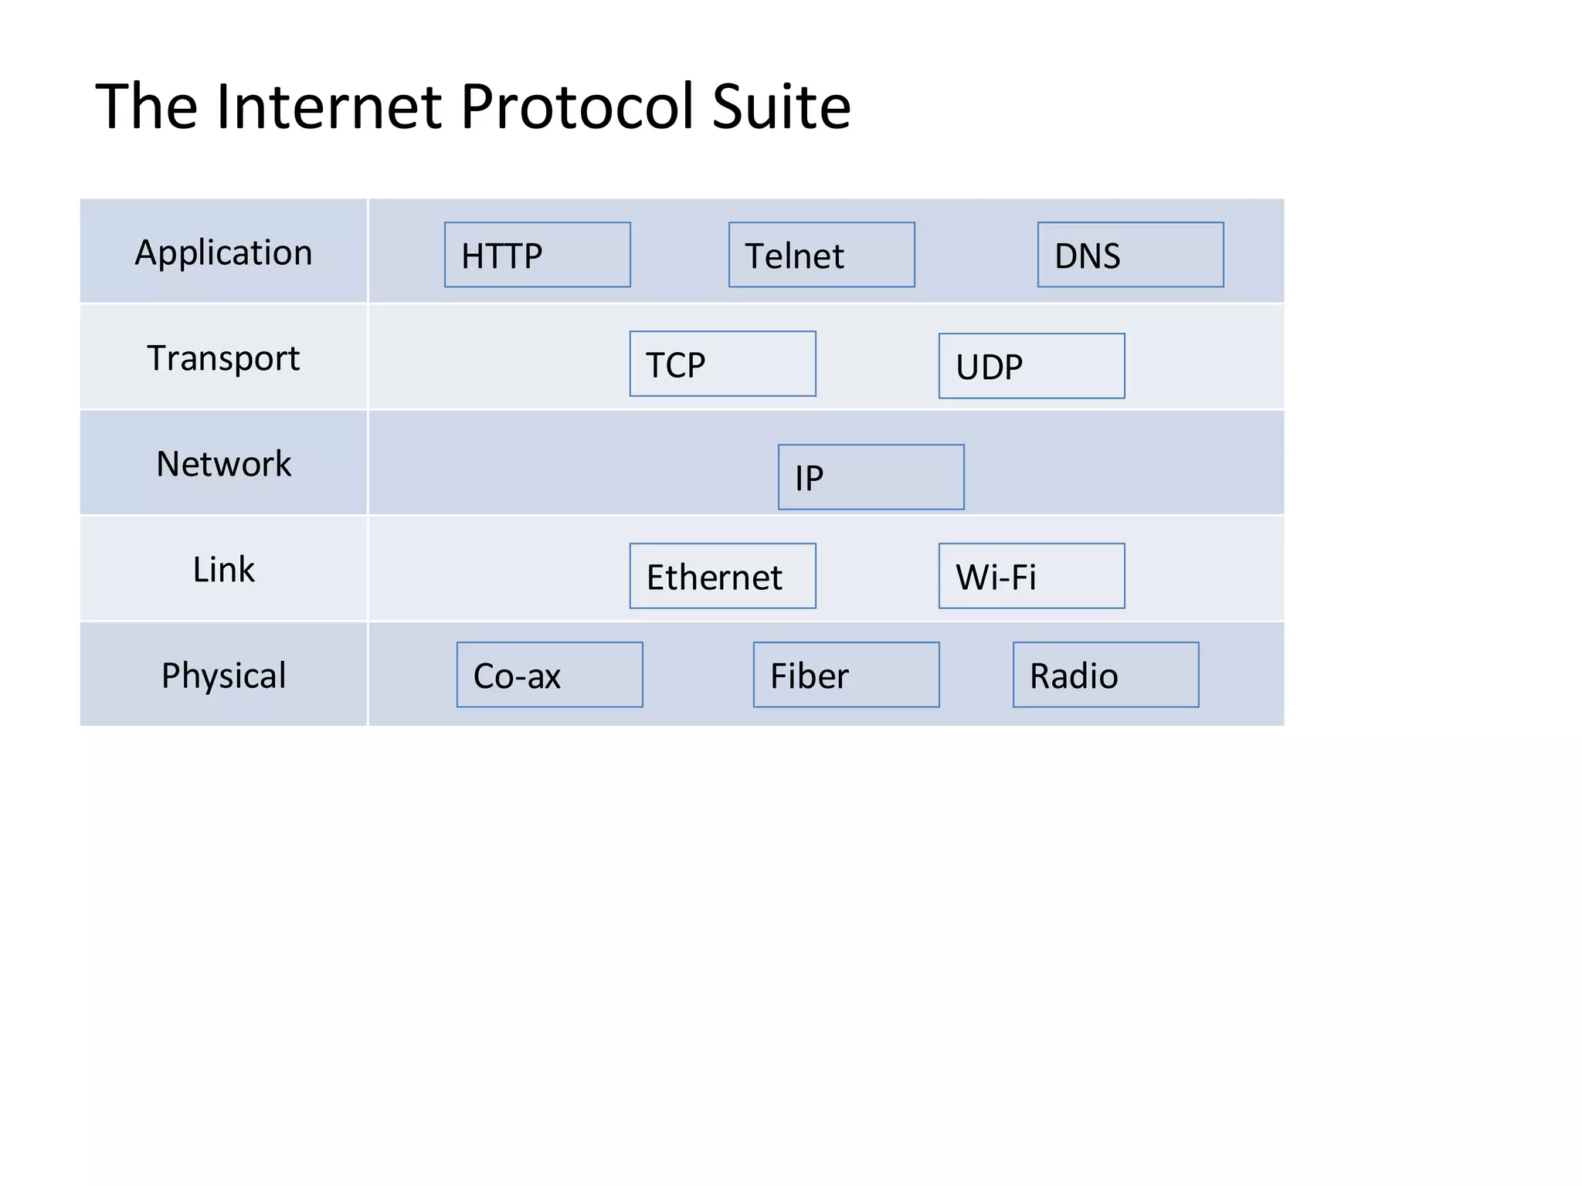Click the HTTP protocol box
click(537, 255)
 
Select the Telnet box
click(821, 255)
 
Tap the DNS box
click(1130, 255)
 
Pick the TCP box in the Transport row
click(722, 364)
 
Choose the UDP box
click(1031, 366)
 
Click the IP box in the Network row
click(871, 477)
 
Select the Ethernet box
click(722, 576)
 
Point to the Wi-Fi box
click(1031, 576)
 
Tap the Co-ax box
click(549, 675)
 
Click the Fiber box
click(846, 675)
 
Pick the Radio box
click(1105, 675)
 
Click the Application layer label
click(223, 252)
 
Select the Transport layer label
click(223, 357)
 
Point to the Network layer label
click(223, 463)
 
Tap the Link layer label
click(223, 569)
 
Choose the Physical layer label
click(223, 675)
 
